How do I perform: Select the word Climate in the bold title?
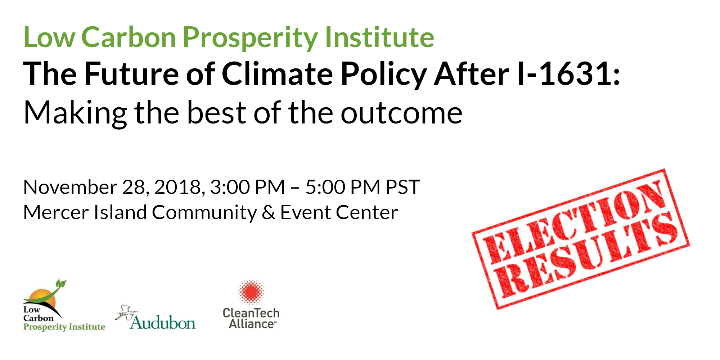click(x=277, y=73)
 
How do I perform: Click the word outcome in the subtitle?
click(x=401, y=113)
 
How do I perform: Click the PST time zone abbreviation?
click(x=402, y=187)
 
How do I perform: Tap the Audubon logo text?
click(x=163, y=323)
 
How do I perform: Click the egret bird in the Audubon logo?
click(x=126, y=312)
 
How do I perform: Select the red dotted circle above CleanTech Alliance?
click(x=251, y=292)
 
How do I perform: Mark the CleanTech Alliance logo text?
click(x=251, y=319)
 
